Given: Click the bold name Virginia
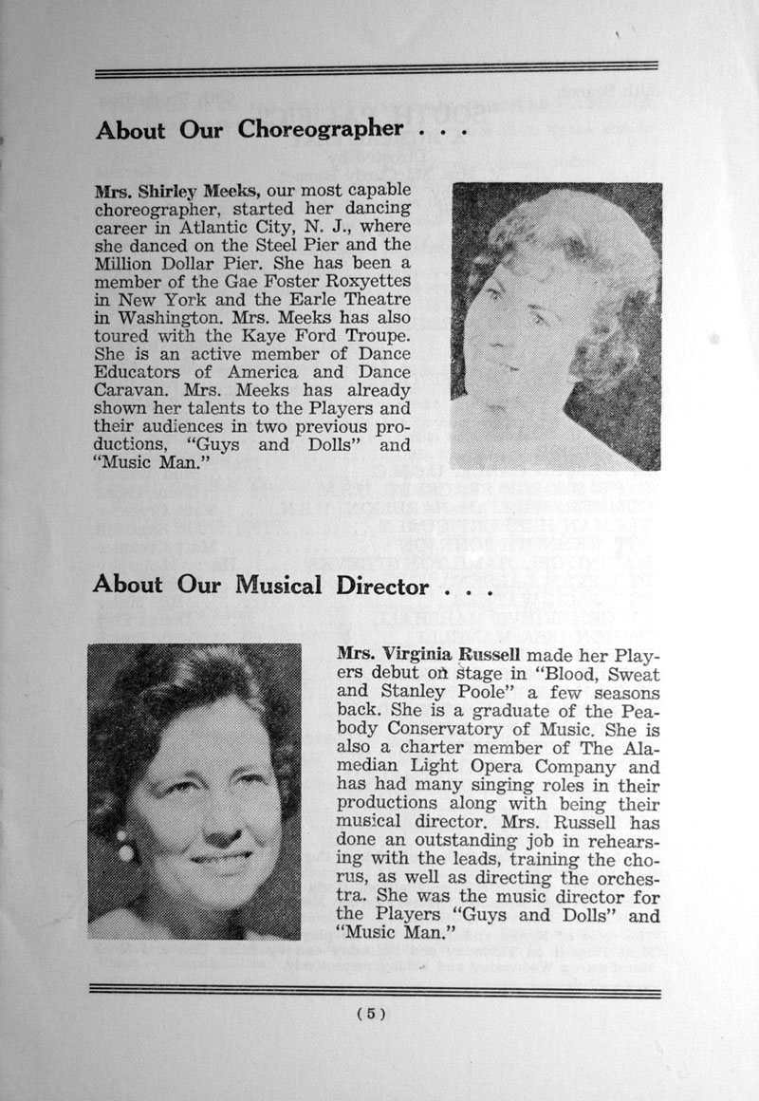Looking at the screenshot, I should coord(421,656).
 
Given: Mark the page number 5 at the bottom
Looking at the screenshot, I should coord(371,1014).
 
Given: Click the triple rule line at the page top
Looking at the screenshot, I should coord(376,69).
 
